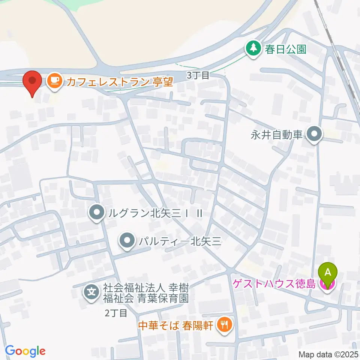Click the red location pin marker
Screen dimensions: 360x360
click(x=32, y=82)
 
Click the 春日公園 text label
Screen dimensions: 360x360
click(x=286, y=49)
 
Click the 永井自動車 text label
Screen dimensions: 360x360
click(x=277, y=134)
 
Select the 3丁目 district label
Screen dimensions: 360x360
click(x=198, y=75)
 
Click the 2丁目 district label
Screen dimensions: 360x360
click(x=116, y=313)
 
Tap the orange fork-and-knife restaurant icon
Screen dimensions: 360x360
click(x=224, y=324)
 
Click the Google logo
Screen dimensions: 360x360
click(x=25, y=351)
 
